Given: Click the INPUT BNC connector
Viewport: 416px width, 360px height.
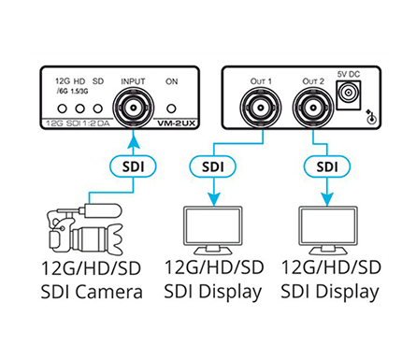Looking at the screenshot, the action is coord(134,108).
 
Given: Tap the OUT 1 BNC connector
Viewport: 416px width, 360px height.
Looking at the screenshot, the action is coord(261,108).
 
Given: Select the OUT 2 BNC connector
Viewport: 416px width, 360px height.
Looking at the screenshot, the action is coord(313,108).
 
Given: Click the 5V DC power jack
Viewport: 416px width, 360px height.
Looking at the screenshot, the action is coord(349,94).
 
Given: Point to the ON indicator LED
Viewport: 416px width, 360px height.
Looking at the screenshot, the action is coord(171,108).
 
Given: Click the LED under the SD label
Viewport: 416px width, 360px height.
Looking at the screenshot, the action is coord(98,108).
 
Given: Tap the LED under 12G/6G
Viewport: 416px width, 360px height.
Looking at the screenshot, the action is coord(63,108).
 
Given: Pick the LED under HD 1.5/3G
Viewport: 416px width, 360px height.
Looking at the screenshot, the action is coord(80,108).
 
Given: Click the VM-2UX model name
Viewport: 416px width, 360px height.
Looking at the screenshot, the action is coord(176,123).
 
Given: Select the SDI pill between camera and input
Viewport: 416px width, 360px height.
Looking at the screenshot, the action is coord(133,166).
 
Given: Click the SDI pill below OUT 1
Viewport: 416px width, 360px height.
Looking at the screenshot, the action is coord(213,166).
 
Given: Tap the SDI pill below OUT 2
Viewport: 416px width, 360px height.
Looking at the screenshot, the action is coord(327,166).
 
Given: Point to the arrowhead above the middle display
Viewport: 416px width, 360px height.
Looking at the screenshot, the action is coord(213,199).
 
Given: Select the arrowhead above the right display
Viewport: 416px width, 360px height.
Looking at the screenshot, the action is coord(327,199).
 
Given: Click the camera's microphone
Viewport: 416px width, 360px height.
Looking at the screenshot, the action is coord(102,210).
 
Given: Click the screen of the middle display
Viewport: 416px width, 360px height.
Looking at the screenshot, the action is coord(213,226).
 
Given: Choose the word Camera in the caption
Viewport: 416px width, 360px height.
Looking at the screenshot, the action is coord(108,292).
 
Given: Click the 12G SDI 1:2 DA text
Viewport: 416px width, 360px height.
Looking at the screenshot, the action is coord(78,123).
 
